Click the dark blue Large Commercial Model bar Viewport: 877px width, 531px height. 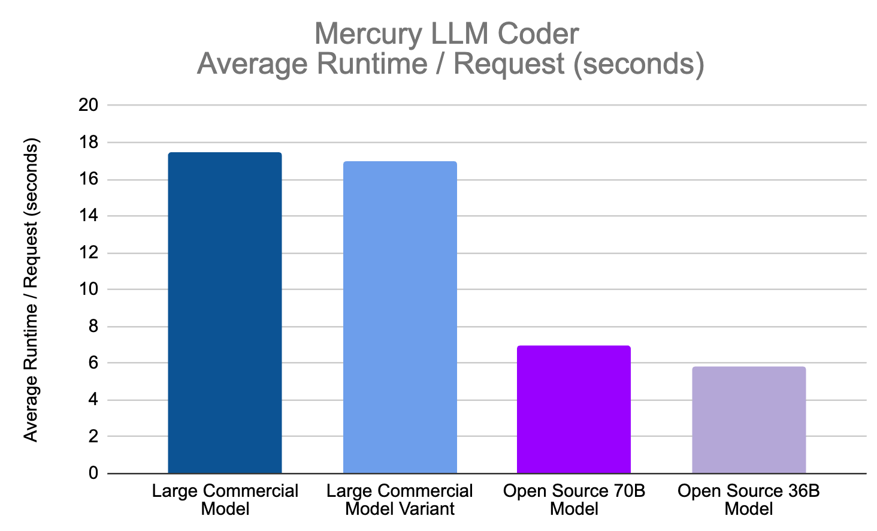coord(225,313)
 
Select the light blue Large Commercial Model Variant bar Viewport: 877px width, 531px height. coord(400,318)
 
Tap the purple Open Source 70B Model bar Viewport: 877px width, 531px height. coord(574,409)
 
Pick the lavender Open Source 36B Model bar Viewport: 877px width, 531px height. coord(749,420)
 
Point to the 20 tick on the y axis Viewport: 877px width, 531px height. coord(88,105)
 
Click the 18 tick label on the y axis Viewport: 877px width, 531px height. coord(88,143)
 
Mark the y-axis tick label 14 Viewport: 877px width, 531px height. coord(88,216)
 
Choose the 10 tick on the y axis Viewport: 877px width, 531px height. coord(88,290)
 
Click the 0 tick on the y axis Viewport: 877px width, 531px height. coord(93,473)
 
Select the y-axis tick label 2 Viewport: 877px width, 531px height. coord(93,437)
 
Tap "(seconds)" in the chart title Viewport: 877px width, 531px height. coord(639,64)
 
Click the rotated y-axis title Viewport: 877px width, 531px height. coord(31,290)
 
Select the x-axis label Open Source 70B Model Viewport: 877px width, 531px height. coord(574,500)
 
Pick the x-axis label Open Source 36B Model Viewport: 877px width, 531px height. coord(749,500)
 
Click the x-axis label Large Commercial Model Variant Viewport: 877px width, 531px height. coord(400,500)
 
